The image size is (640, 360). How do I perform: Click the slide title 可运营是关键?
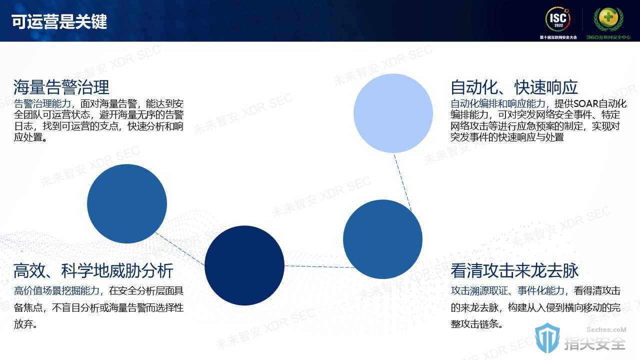(59, 21)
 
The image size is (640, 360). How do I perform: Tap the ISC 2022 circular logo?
(558, 19)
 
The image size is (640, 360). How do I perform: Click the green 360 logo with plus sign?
(608, 19)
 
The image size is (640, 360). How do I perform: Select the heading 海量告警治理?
(61, 87)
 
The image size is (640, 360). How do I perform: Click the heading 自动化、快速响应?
(514, 87)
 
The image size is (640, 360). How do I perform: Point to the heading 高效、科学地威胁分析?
(93, 271)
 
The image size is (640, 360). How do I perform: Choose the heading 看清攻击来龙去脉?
(514, 270)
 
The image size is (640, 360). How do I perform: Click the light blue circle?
(393, 113)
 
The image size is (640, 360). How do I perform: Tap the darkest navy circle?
(244, 265)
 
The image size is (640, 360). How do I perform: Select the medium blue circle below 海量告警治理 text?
(127, 203)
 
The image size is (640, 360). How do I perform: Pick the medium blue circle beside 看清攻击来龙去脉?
(382, 239)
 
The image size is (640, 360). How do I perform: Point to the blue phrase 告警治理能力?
(42, 103)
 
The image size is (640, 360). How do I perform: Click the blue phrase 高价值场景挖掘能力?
(56, 291)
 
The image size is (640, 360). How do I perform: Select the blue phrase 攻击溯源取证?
(479, 291)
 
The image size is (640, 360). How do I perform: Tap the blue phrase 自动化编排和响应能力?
(498, 103)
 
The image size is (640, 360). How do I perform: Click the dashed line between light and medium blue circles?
(402, 182)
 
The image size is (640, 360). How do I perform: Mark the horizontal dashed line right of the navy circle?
(319, 266)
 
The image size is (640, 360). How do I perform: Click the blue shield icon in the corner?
(547, 338)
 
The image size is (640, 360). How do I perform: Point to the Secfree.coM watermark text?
(606, 329)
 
